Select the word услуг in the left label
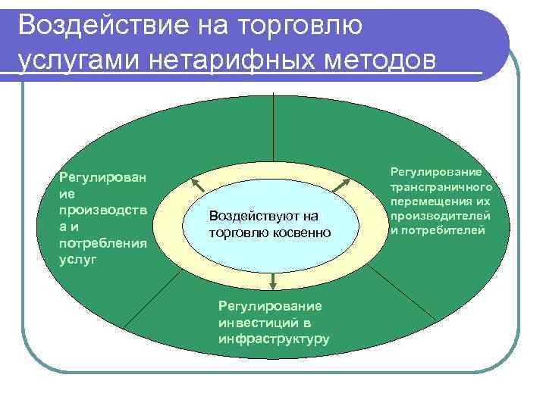pos(76,258)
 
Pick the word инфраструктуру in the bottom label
pos(273,338)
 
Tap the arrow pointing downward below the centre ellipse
pos(272,282)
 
